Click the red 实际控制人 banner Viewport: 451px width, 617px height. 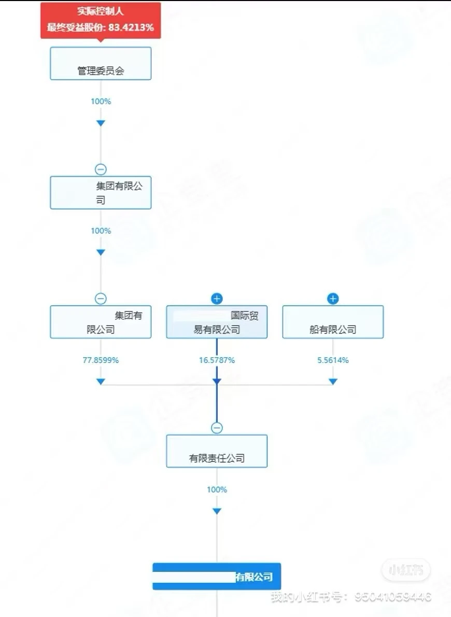(101, 20)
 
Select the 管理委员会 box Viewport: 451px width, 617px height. (101, 64)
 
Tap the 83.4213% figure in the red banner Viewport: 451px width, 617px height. (131, 27)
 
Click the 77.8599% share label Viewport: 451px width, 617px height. (101, 360)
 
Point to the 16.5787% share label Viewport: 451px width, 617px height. (217, 360)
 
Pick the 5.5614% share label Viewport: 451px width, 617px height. (333, 360)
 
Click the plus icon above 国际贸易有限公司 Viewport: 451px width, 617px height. (217, 299)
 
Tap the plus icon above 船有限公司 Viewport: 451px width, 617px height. (333, 299)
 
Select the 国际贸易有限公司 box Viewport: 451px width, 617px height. (217, 322)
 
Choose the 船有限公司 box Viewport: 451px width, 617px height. (333, 322)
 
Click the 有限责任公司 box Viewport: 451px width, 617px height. (217, 451)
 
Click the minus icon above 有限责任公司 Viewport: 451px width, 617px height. (217, 428)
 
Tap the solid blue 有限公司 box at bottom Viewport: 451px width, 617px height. (217, 577)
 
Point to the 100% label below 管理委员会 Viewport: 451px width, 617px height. (101, 101)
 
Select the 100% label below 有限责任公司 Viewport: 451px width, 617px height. (217, 489)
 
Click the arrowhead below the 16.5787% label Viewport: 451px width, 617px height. (217, 382)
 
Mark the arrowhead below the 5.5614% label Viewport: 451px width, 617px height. (333, 382)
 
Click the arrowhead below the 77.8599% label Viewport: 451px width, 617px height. (101, 382)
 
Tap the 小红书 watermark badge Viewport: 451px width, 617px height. (405, 571)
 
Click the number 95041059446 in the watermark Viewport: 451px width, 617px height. (393, 597)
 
